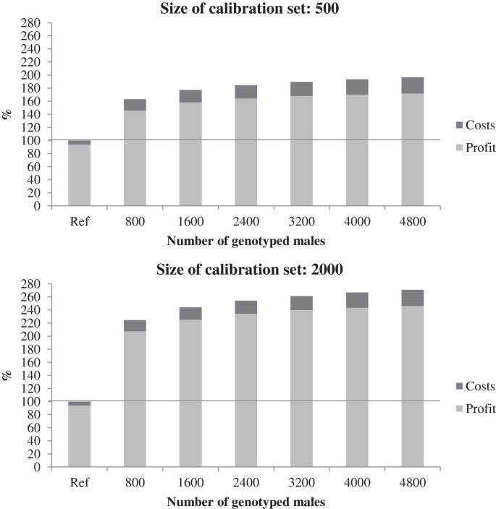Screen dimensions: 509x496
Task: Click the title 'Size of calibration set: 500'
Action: [248, 8]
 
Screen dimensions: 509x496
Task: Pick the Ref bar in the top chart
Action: [80, 174]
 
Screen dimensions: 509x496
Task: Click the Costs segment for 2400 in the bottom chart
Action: [245, 307]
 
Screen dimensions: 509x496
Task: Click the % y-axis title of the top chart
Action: [8, 114]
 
